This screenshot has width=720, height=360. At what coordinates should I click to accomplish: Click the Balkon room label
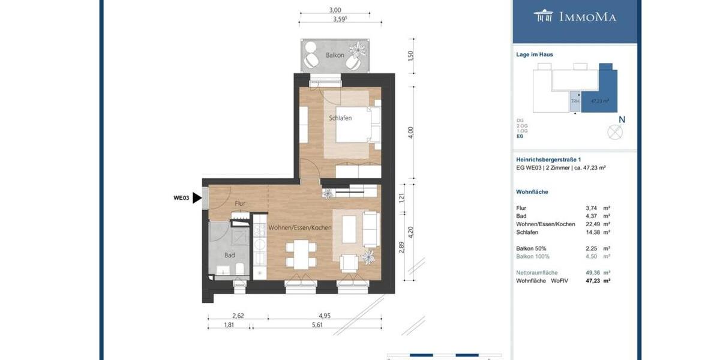[335, 55]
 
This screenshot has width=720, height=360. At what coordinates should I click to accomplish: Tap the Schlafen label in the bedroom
[340, 118]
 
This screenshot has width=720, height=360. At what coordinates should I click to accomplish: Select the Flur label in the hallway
[240, 203]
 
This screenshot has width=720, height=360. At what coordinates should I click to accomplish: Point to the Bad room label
[229, 255]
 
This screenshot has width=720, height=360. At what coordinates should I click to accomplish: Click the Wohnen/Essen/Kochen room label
[300, 228]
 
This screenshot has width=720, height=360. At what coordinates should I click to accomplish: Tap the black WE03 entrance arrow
[197, 198]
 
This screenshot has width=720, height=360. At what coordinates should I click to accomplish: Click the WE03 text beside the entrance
[181, 198]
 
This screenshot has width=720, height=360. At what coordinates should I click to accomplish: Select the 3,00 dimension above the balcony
[335, 10]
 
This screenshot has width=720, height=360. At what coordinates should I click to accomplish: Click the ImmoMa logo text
[587, 17]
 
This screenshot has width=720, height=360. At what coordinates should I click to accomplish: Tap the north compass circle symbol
[615, 132]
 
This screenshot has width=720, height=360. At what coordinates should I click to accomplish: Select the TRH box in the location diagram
[575, 101]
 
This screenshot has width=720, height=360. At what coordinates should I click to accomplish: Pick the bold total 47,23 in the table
[593, 280]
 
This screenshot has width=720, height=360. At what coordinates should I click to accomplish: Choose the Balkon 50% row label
[531, 248]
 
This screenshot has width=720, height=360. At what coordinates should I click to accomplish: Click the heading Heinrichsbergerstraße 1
[548, 160]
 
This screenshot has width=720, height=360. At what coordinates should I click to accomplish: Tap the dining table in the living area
[301, 254]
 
